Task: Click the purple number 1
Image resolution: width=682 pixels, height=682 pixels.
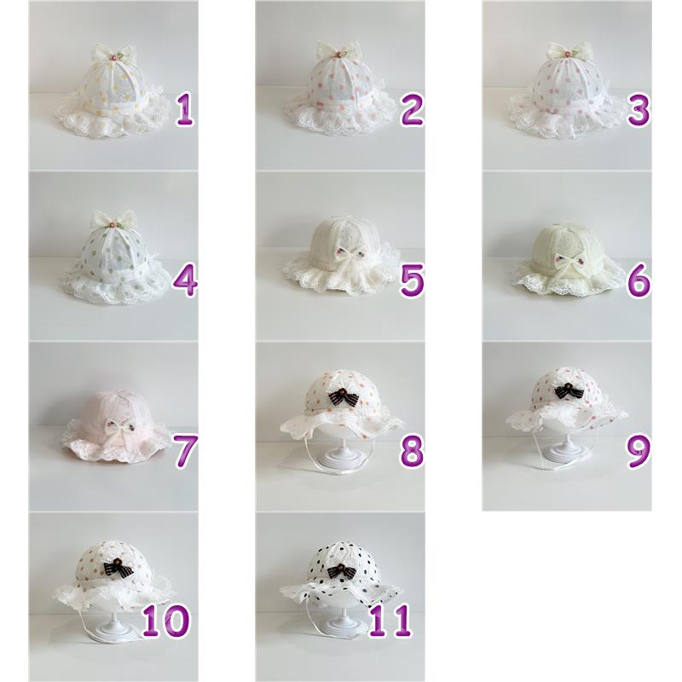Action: [x=185, y=110]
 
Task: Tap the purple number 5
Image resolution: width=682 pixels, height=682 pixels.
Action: [x=412, y=280]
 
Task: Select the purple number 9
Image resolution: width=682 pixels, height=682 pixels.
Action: [x=639, y=452]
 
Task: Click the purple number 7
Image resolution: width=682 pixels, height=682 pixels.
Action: [x=186, y=452]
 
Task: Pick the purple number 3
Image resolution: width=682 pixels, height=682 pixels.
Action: [x=639, y=110]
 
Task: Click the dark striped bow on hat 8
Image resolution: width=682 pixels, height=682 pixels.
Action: [x=339, y=396]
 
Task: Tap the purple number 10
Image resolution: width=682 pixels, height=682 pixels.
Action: [x=166, y=621]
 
